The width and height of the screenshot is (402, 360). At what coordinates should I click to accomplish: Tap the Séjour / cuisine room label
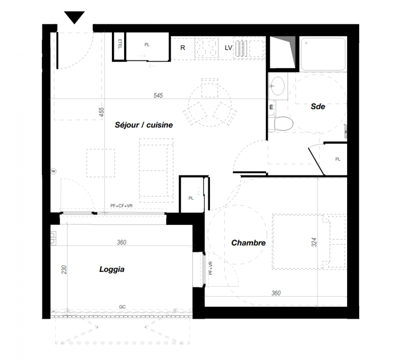[143, 125]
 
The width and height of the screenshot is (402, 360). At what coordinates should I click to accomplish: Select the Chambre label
[248, 243]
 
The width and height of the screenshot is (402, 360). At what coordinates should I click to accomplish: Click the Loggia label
[112, 270]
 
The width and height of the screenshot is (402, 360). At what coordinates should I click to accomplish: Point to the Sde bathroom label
[317, 106]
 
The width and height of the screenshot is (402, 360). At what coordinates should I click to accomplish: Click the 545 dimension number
[158, 95]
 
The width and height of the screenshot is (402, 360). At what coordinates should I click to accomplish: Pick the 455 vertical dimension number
[102, 112]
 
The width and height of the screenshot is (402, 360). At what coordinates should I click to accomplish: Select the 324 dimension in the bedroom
[314, 242]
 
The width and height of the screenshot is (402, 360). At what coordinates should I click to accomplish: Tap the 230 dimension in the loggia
[64, 270]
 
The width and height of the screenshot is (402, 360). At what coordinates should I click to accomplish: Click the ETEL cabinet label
[120, 44]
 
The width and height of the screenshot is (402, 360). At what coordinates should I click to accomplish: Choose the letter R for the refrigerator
[183, 48]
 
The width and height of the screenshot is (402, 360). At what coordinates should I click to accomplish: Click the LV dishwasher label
[228, 48]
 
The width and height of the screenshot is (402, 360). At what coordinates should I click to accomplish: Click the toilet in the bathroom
[281, 124]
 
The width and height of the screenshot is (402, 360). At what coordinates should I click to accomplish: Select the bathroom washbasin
[277, 85]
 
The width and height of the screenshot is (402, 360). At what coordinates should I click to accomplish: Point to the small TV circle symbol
[54, 171]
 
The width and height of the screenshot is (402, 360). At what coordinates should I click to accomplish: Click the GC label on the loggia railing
[122, 307]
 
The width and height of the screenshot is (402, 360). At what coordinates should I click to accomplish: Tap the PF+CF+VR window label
[121, 206]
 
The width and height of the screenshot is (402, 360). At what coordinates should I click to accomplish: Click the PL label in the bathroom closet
[338, 159]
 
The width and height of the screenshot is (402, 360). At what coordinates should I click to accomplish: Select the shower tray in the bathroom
[323, 54]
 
